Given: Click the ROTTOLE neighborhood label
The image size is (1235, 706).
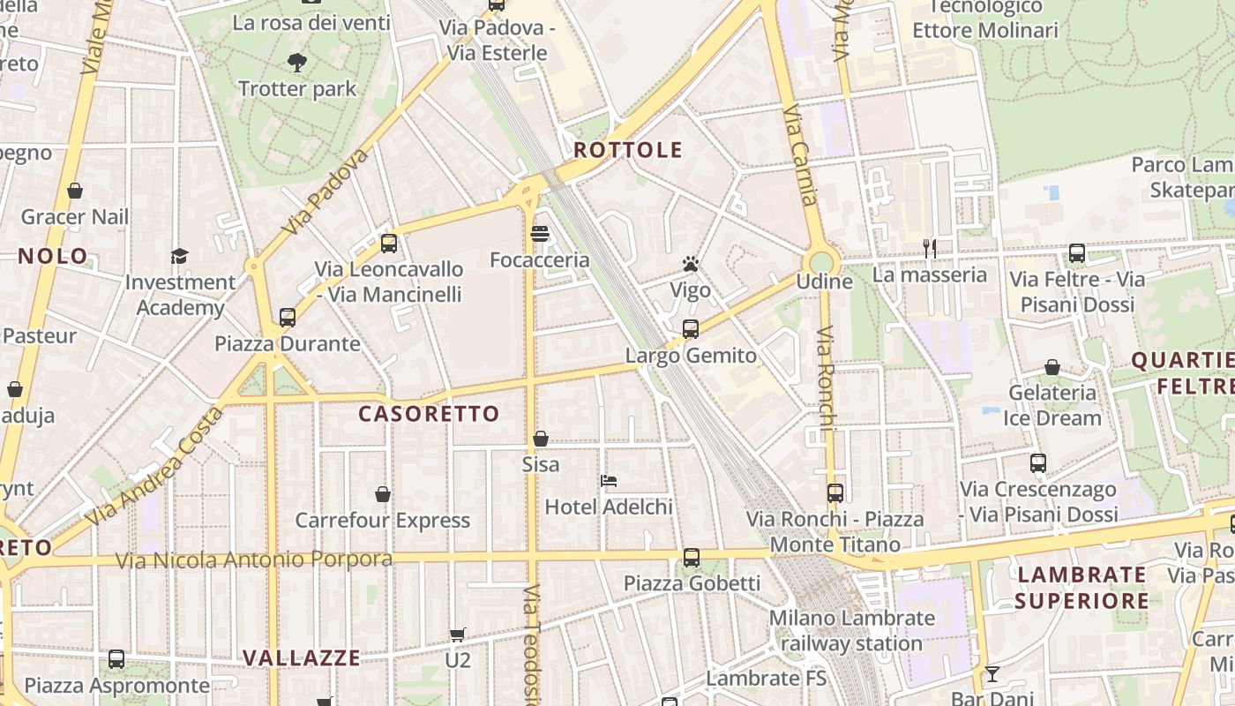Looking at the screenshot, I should point(628,150).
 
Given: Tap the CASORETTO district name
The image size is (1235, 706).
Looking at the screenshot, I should point(429,414).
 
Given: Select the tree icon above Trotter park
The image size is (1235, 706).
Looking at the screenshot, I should point(296,63).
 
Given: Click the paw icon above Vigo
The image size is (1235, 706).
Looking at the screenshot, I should point(690,264).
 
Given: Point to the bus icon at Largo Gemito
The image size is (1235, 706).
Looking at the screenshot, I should point(691,329).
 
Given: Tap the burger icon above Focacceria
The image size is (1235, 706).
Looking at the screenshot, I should point(540,234).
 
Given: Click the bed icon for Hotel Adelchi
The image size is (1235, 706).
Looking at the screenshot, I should point(609,481).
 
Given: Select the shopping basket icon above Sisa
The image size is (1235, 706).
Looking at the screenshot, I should point(541,439).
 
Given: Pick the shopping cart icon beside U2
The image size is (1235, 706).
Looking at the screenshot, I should point(457,635).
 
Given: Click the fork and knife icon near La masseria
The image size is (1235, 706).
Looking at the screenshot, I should point(929,249).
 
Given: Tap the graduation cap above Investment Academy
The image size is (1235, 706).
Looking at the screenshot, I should point(180,257).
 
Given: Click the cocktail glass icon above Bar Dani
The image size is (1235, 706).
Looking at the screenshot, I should point(992,674).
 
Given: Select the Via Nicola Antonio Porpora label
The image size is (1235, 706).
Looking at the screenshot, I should point(254,560).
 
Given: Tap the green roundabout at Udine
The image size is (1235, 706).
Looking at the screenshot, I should point(821,261).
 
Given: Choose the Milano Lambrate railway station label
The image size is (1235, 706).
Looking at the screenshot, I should point(851,631).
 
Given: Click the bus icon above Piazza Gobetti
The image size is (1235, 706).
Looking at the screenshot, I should point(692,558).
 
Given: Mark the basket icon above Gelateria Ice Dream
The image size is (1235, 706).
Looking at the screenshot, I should point(1052,367).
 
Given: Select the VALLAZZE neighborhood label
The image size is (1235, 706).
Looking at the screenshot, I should point(302,658).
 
